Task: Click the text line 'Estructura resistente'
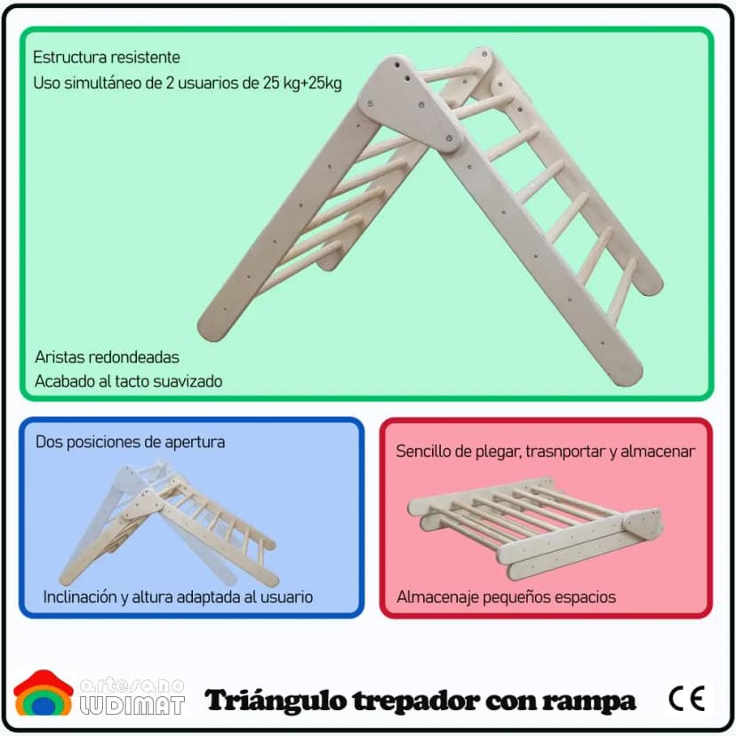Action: tap(107, 57)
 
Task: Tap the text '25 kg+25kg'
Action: tap(302, 83)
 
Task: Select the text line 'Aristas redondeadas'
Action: tap(107, 357)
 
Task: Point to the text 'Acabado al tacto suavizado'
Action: tap(129, 381)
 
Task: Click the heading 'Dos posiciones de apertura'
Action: tap(131, 442)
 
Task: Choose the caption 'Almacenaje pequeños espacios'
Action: tap(506, 597)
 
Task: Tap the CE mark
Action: tap(687, 699)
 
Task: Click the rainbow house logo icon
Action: tap(44, 693)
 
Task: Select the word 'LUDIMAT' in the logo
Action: tap(132, 706)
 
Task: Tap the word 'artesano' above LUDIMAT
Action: tap(132, 685)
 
